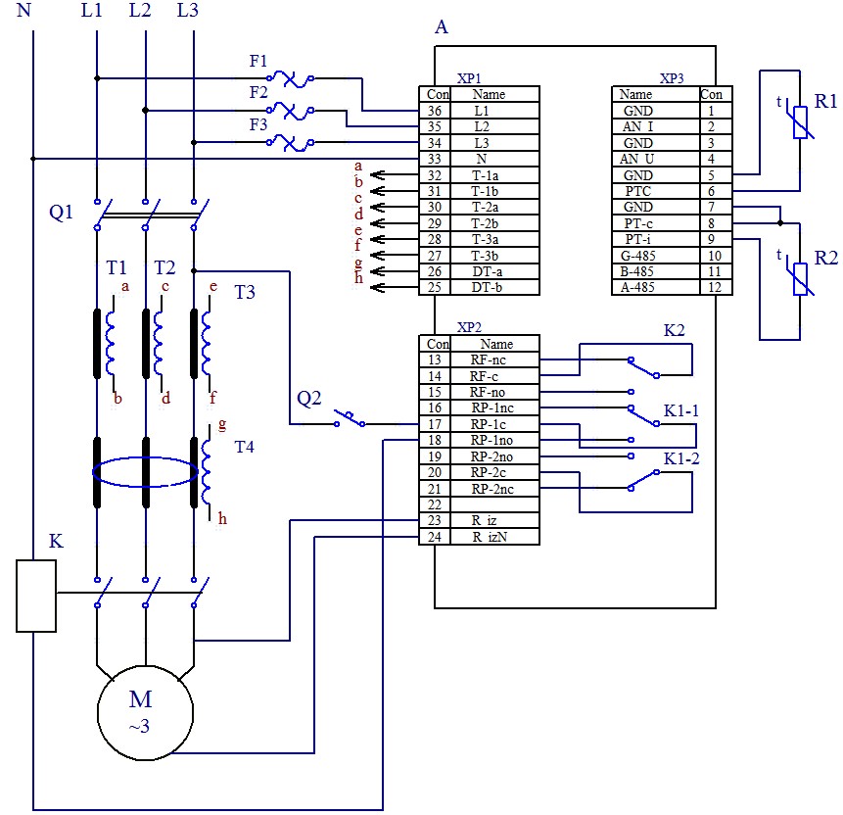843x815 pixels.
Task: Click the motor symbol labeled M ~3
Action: pos(145,712)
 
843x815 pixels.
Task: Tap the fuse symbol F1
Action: pos(290,78)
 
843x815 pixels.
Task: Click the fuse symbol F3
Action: pos(290,142)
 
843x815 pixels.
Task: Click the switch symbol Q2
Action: pos(349,419)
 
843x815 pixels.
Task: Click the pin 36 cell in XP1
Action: pos(434,111)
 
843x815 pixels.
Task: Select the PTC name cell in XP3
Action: pos(637,190)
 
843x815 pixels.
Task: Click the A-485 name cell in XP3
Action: pos(637,287)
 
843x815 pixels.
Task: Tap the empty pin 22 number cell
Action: pos(434,503)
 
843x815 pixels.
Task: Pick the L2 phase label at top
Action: pos(140,11)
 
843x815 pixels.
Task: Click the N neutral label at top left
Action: pos(25,11)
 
